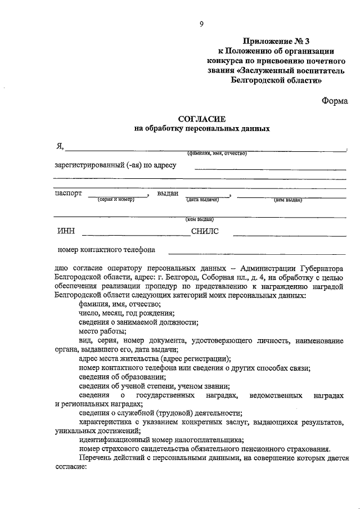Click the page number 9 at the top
[x=201, y=23]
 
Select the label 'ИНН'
[x=65, y=230]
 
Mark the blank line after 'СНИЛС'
[x=289, y=233]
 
